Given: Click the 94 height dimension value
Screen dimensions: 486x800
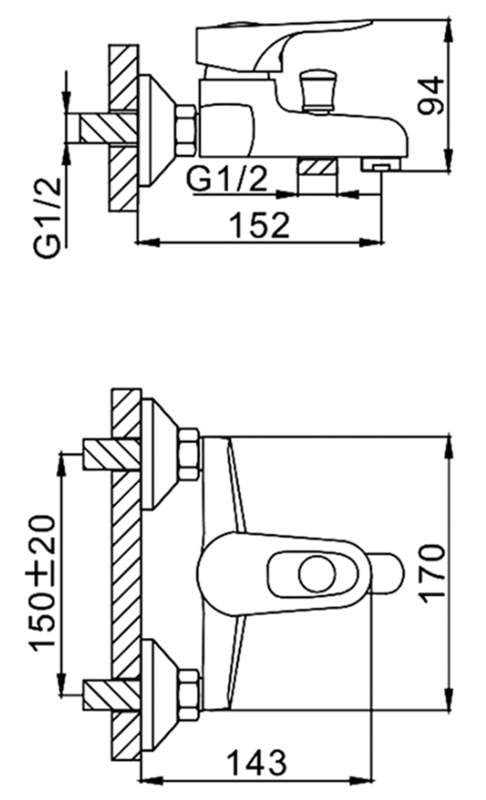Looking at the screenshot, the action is click(x=431, y=95).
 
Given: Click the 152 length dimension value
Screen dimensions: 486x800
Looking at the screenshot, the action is click(x=259, y=225).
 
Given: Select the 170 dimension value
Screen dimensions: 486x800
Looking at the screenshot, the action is click(x=433, y=575).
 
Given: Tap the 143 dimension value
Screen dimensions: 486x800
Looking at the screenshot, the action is click(x=257, y=763).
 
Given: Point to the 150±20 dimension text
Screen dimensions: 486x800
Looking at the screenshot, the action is click(x=42, y=583).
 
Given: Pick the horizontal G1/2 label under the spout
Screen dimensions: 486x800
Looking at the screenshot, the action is click(x=227, y=178).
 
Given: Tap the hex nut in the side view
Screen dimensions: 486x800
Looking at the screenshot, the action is click(x=186, y=130).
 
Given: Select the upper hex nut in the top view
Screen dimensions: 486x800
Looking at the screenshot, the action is click(x=189, y=454).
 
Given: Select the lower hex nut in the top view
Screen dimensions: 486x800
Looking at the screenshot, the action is click(x=189, y=694).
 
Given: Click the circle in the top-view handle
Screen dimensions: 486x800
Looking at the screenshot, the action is click(x=317, y=575).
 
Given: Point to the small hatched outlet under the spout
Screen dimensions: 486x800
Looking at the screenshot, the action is click(x=317, y=167).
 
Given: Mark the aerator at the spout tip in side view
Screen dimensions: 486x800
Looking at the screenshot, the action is click(x=382, y=165).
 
